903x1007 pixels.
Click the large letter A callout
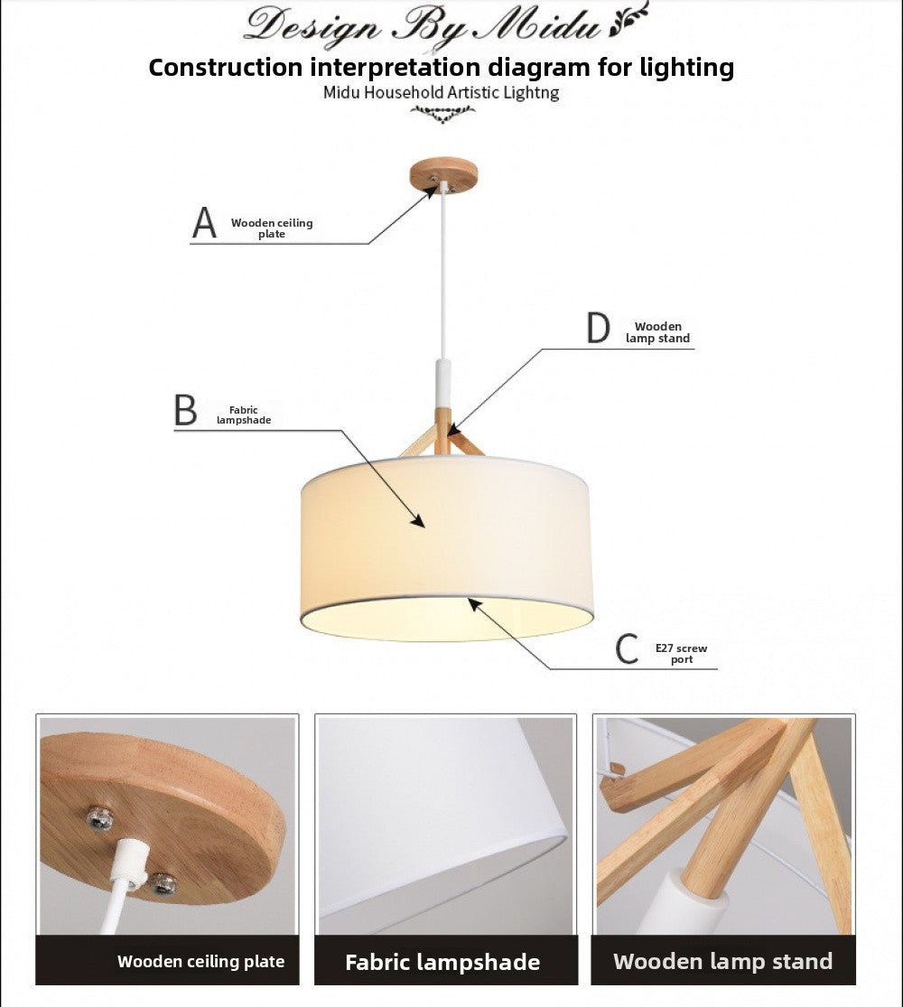[205, 223]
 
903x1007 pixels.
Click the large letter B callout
[185, 410]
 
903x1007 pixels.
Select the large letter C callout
[627, 648]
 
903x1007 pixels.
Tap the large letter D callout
[598, 329]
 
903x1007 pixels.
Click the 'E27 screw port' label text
[681, 654]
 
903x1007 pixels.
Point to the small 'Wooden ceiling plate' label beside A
[272, 228]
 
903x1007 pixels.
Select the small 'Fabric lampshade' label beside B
[244, 415]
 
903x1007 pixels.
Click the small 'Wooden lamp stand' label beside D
[657, 332]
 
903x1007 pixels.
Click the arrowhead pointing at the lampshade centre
[418, 521]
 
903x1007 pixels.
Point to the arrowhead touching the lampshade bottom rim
[472, 602]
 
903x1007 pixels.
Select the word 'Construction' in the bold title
[226, 68]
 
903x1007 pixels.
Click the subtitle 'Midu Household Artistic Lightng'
[441, 92]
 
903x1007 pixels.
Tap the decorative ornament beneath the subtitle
[442, 112]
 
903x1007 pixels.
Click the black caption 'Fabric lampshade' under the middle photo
[442, 962]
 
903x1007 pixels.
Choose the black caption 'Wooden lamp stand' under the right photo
[722, 961]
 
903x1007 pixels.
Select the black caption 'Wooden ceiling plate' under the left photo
[200, 962]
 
